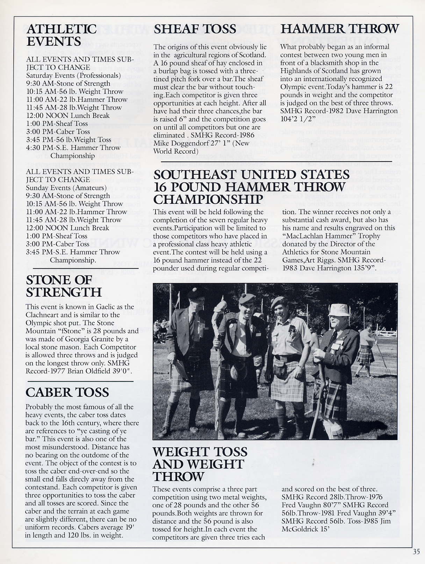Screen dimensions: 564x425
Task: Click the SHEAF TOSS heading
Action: [195, 29]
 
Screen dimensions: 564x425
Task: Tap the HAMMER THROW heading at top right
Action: [339, 29]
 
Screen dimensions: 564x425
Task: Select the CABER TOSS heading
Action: [67, 392]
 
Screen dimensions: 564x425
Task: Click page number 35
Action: [416, 552]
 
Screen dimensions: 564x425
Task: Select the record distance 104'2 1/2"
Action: [296, 119]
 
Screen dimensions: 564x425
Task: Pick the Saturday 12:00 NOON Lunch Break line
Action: [68, 116]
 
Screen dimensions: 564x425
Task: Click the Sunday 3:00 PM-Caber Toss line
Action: [58, 244]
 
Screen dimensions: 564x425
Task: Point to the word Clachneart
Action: [43, 315]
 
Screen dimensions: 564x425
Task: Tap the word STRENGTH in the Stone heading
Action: [64, 292]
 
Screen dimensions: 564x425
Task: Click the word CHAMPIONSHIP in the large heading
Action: [208, 199]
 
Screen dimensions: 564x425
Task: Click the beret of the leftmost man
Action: [196, 293]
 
